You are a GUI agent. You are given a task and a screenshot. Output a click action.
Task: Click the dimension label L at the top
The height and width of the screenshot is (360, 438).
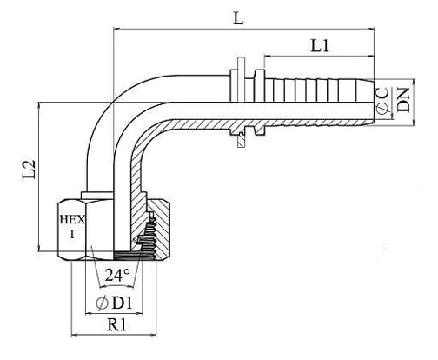pyautogui.click(x=238, y=18)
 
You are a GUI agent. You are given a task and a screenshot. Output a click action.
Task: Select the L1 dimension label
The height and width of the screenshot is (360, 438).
pyautogui.click(x=320, y=45)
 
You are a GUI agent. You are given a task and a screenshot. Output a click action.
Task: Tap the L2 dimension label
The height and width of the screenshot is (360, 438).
pyautogui.click(x=30, y=169)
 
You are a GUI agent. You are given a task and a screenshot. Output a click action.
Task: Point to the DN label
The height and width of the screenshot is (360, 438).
pyautogui.click(x=403, y=99)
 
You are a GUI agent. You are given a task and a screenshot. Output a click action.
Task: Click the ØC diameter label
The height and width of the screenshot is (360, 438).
pyautogui.click(x=382, y=102)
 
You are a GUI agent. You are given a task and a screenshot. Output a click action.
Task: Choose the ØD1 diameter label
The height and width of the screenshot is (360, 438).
pyautogui.click(x=114, y=303)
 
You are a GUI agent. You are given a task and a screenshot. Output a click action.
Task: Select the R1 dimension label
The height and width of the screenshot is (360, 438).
pyautogui.click(x=116, y=324)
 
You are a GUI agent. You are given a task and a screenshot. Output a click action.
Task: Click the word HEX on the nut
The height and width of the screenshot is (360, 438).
pyautogui.click(x=72, y=219)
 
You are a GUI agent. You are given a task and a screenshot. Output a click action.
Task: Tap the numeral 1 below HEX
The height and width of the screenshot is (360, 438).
pyautogui.click(x=72, y=234)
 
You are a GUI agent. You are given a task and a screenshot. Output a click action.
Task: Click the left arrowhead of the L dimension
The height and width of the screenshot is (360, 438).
pyautogui.click(x=116, y=29)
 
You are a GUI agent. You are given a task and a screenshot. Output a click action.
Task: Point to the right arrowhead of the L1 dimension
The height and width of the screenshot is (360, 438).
pyautogui.click(x=370, y=56)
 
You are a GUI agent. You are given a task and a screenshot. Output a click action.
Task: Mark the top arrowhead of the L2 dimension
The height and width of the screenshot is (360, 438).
pyautogui.click(x=39, y=106)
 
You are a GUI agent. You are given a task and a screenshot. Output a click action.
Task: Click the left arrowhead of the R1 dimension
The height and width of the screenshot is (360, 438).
pyautogui.click(x=75, y=335)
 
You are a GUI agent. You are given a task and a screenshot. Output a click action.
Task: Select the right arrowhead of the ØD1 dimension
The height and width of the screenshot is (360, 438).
pyautogui.click(x=139, y=313)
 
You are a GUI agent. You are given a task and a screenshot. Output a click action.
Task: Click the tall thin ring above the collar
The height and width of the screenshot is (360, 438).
pyautogui.click(x=241, y=80)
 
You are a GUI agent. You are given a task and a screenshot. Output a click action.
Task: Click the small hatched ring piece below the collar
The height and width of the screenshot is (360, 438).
pyautogui.click(x=241, y=140)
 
